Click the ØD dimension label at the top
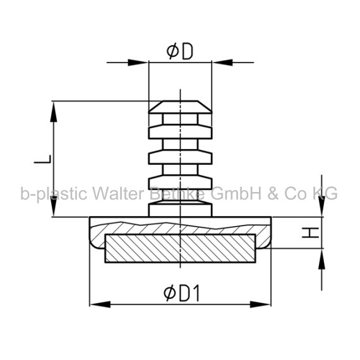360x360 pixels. (x=180, y=52)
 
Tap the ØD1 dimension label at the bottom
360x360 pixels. (x=181, y=293)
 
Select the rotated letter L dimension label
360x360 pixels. (x=43, y=159)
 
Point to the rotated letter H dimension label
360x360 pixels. (x=310, y=232)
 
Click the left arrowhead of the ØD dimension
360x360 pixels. (x=138, y=63)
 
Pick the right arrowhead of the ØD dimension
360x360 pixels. (x=222, y=63)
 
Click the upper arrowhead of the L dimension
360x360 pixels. (x=54, y=112)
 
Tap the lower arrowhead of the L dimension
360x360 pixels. (x=54, y=206)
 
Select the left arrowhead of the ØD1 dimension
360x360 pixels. (x=100, y=304)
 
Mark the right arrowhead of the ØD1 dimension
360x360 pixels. (x=261, y=304)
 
